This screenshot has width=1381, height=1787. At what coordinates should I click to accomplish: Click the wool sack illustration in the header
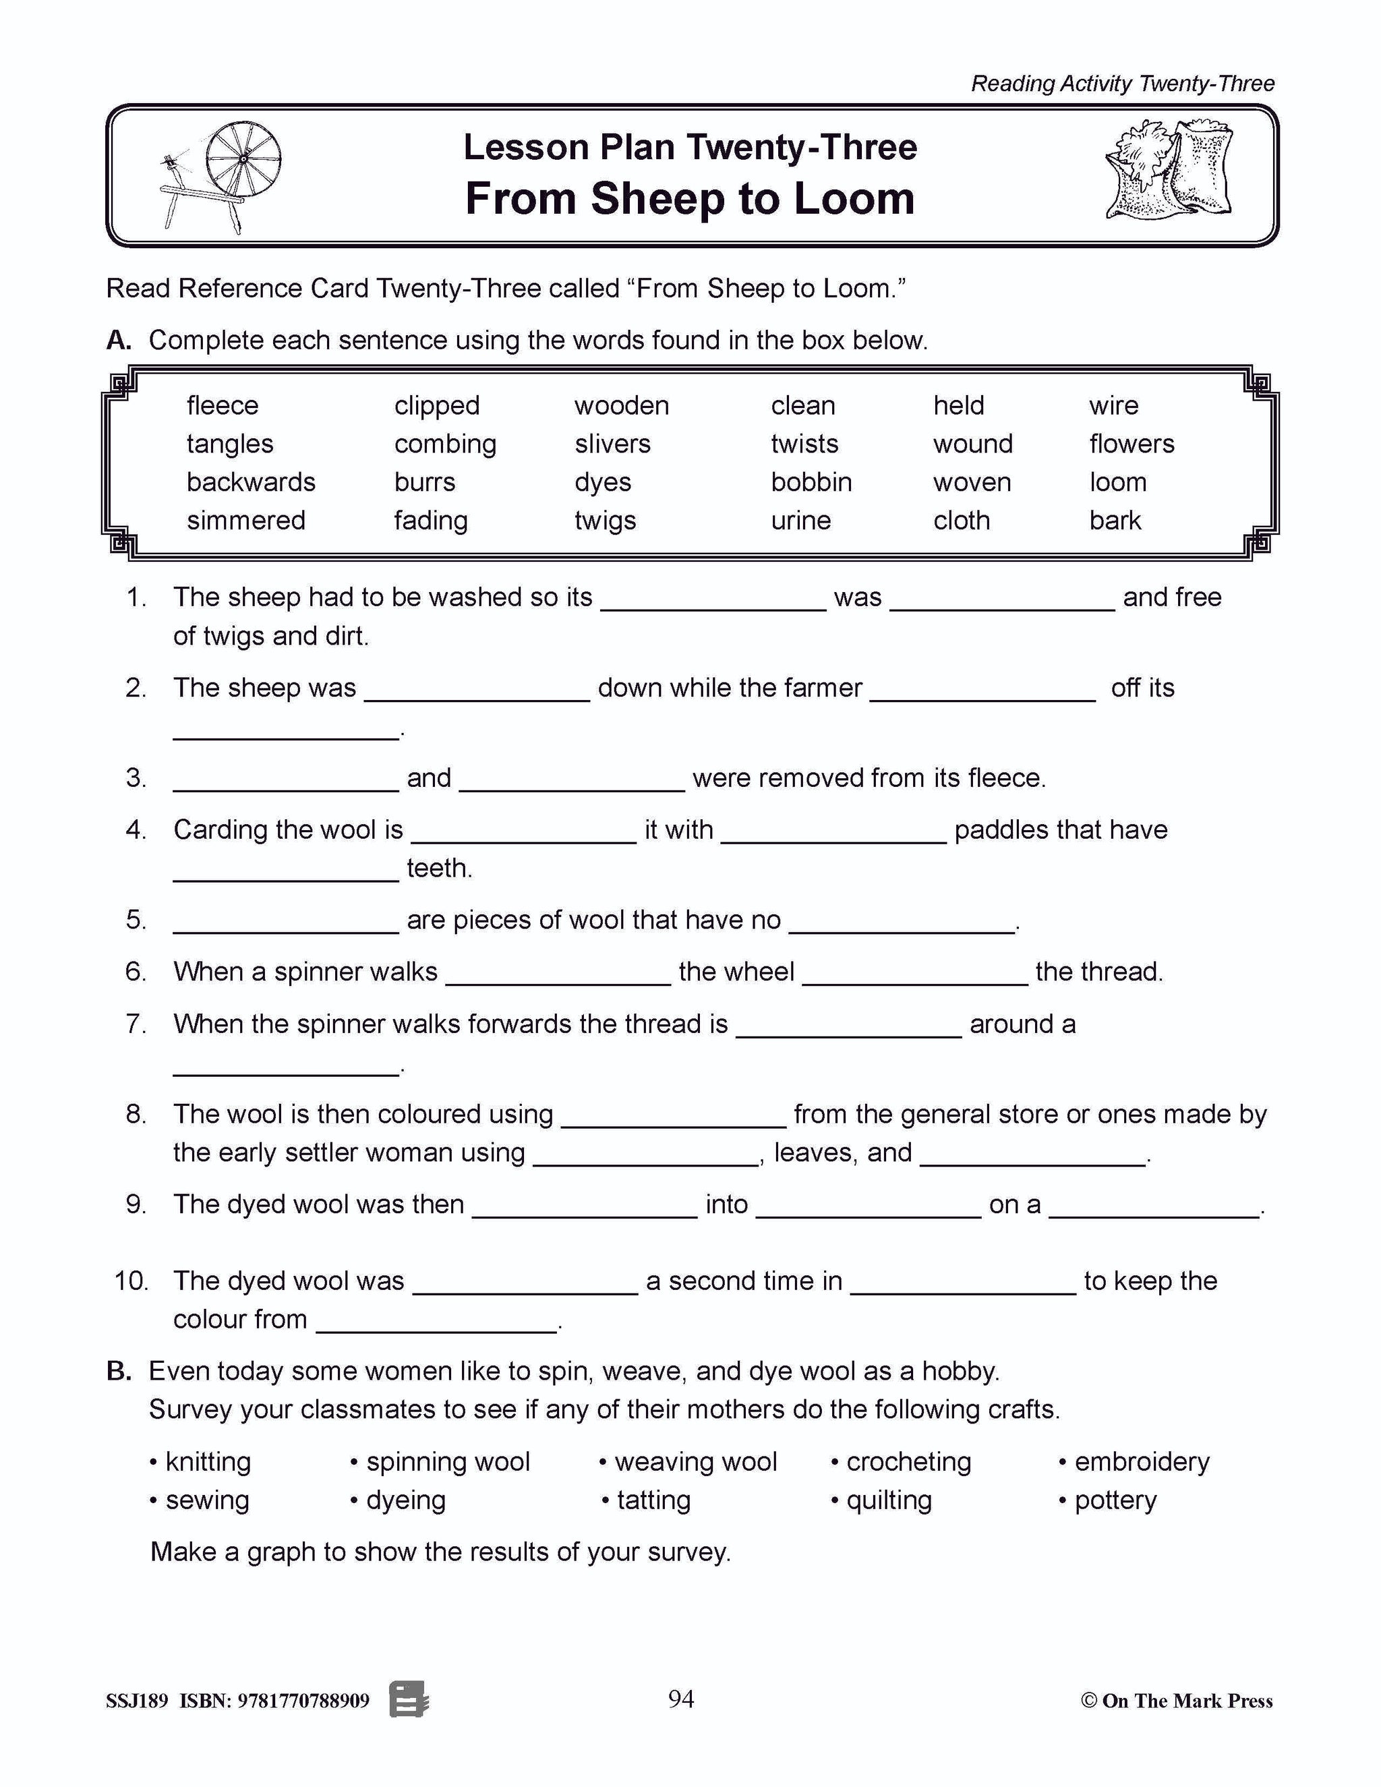(1169, 169)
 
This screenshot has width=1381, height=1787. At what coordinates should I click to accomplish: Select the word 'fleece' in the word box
(223, 406)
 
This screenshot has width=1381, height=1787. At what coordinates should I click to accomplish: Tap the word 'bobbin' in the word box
(811, 483)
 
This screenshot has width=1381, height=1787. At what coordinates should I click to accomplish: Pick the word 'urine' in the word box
(800, 521)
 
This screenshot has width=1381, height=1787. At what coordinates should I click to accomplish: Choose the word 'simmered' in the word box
(245, 521)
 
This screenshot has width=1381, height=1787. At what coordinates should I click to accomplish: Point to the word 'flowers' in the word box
(1132, 444)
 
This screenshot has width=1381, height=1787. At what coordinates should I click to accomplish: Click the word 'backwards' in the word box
(250, 483)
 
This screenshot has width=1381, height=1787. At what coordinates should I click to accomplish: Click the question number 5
(136, 920)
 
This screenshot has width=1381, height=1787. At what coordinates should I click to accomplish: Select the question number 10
(131, 1281)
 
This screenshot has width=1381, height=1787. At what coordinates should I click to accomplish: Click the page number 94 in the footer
(680, 1699)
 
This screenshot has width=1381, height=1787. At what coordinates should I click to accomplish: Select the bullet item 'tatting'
(653, 1500)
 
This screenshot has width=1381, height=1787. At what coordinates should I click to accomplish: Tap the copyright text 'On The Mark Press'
(1186, 1701)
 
